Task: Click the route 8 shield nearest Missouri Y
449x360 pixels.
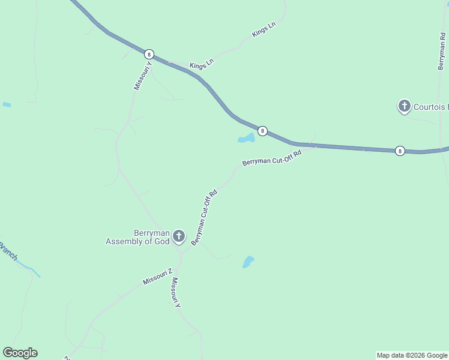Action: (x=149, y=54)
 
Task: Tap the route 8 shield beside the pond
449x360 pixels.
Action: (x=262, y=130)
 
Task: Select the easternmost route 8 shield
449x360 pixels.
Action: (x=400, y=151)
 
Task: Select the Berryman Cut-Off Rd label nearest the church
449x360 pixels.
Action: (x=204, y=218)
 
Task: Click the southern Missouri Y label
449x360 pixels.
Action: (x=175, y=293)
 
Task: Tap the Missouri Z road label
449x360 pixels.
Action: (x=157, y=277)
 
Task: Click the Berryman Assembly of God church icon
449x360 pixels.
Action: (x=178, y=236)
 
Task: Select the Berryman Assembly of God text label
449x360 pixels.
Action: (x=139, y=237)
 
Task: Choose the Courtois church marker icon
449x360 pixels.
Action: (x=405, y=107)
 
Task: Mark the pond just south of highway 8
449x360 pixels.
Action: (x=246, y=139)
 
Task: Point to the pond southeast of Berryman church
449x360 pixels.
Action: (x=248, y=262)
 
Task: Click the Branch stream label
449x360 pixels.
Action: (x=8, y=251)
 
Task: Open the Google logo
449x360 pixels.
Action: (x=20, y=353)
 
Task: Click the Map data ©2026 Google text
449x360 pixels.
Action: (x=412, y=355)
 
